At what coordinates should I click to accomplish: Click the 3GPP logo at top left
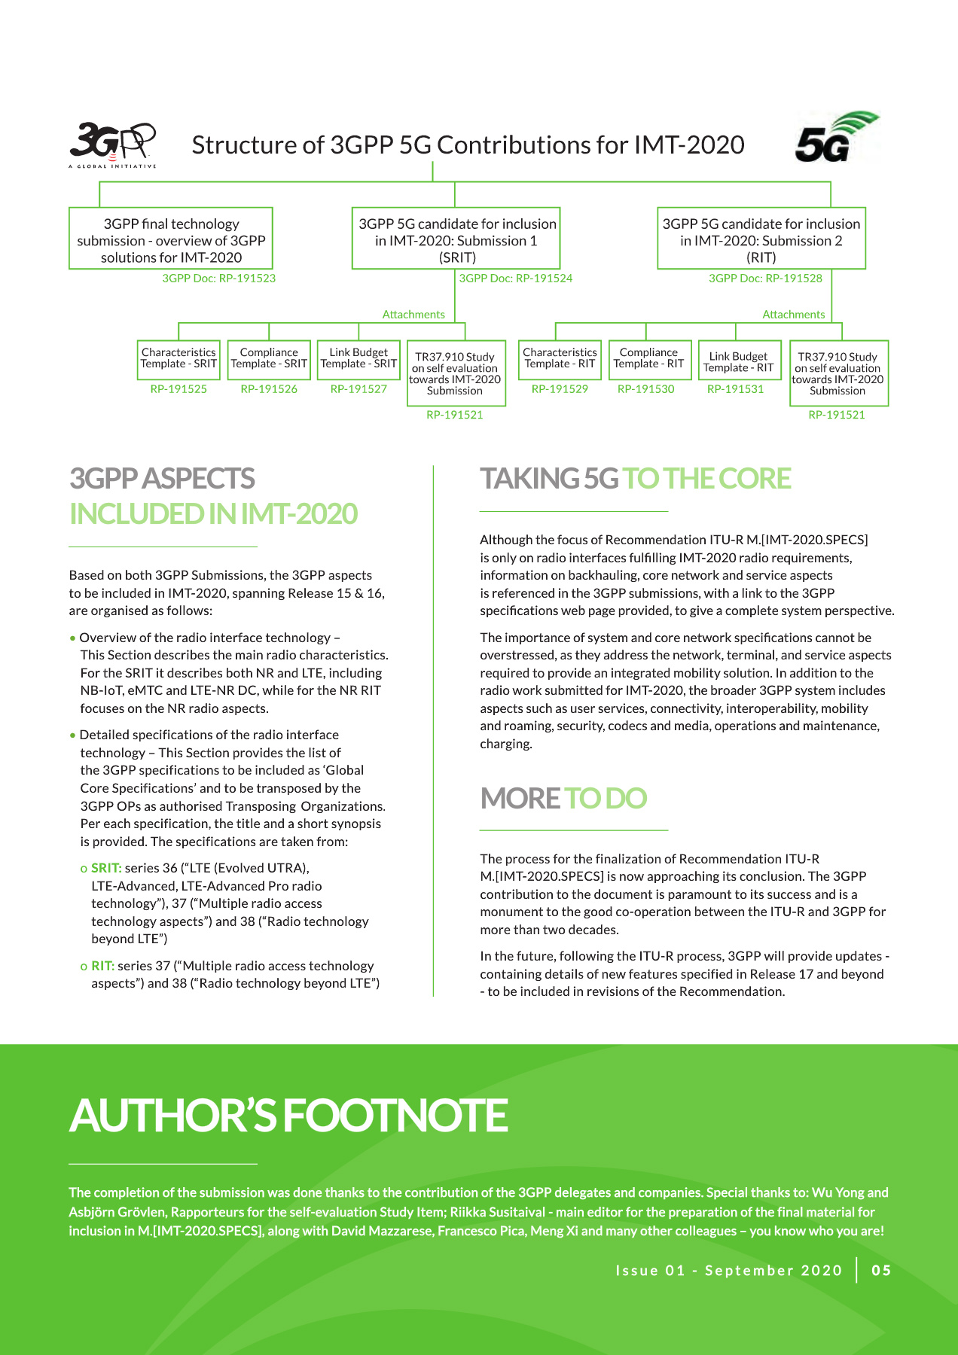coord(112,144)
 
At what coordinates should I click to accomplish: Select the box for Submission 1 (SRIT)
coord(456,239)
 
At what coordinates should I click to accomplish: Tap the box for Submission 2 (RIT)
coord(761,239)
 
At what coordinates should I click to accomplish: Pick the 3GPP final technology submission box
coord(171,239)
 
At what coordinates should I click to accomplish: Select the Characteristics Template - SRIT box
coord(178,358)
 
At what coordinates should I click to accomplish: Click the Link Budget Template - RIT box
coord(738,362)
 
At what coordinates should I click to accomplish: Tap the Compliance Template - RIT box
coord(648,358)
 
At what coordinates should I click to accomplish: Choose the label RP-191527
coord(358,389)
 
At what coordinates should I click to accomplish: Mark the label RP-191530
coord(646,389)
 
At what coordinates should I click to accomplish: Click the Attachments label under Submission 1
coord(413,315)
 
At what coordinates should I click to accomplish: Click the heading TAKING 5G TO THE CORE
coord(636,479)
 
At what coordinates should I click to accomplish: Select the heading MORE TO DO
coord(563,799)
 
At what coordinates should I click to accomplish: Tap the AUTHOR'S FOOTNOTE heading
coord(288,1116)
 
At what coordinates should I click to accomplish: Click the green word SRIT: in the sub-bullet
coord(106,868)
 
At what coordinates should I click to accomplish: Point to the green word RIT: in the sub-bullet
coord(102,966)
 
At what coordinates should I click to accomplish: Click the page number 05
coord(881,1271)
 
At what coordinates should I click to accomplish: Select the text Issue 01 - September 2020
coord(728,1271)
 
